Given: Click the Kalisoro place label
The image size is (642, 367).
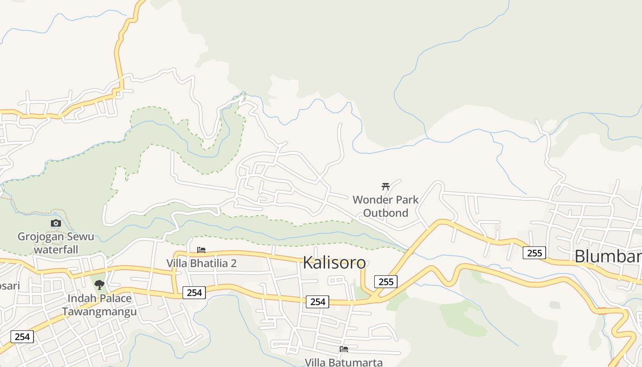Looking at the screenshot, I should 334,263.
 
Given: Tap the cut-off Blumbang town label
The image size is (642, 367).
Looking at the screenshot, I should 608,256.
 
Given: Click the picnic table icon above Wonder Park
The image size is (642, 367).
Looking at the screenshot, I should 386,186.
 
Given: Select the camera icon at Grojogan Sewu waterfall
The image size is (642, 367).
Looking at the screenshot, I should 56,223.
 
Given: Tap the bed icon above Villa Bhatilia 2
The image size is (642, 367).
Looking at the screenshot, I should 201,250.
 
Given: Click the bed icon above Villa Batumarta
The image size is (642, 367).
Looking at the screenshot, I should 344,349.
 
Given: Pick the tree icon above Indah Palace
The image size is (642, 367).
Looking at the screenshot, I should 99,285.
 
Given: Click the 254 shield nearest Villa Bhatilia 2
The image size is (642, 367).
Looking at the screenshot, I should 194,292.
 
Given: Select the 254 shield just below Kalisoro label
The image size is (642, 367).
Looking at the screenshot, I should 317,301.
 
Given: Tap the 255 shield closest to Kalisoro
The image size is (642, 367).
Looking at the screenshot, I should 386,282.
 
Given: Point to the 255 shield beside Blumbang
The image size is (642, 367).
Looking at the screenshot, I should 534,253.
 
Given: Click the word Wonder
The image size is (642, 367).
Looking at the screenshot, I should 372,200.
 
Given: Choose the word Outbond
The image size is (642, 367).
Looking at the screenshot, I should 385,213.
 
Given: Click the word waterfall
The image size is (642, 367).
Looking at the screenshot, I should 56,250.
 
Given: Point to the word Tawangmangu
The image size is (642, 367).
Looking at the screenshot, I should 100,312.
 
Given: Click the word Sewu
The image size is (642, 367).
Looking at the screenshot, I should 84,237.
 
